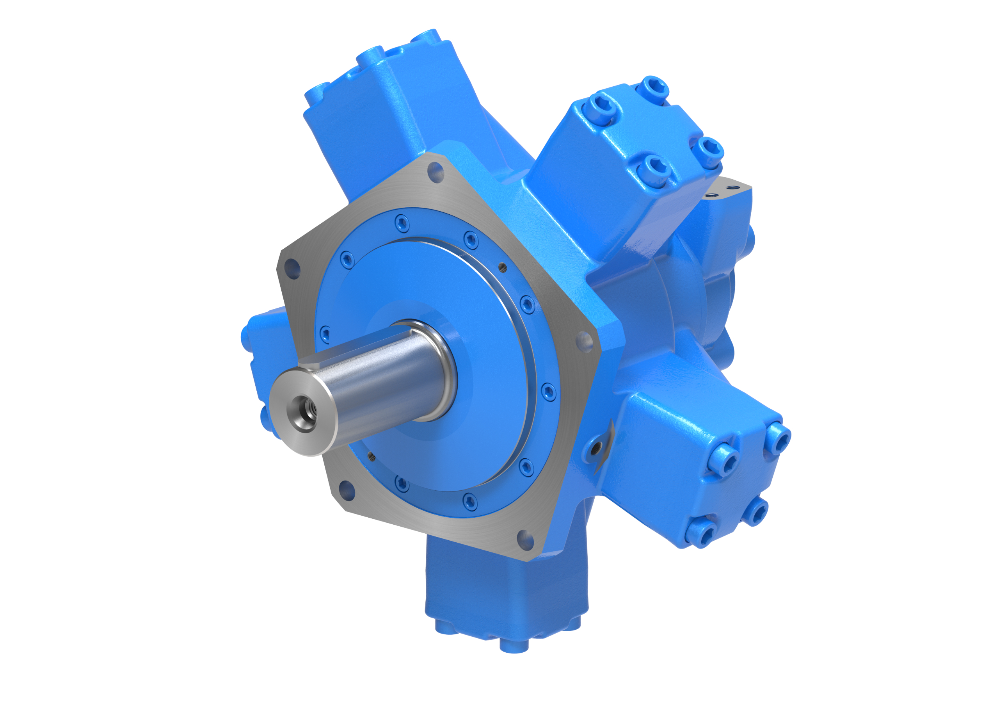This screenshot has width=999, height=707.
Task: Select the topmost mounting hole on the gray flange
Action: coord(436,172)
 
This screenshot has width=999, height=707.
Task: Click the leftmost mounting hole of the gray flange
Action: coord(292,269)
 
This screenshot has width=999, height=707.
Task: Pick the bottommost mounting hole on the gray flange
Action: coord(525,540)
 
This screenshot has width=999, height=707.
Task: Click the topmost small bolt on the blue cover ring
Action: coord(402,224)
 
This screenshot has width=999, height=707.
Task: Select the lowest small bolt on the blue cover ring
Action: coord(470,501)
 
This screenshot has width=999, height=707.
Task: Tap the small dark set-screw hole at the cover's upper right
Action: coord(503,267)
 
